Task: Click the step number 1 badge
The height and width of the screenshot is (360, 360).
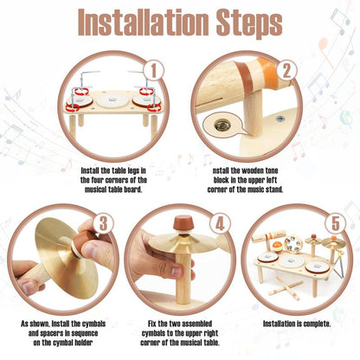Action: (154, 71)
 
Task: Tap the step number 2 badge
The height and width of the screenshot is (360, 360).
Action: (286, 71)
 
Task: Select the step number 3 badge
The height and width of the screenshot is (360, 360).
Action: (103, 224)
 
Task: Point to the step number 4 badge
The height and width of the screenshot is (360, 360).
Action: (220, 224)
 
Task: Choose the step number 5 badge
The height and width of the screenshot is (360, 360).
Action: (336, 224)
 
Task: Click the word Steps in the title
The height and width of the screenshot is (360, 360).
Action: (249, 23)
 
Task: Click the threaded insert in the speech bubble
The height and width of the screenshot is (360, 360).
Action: (220, 125)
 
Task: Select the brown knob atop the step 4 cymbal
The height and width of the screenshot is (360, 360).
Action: (183, 223)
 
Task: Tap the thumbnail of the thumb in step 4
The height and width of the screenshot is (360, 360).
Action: (177, 272)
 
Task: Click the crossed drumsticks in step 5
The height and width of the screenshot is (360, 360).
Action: (285, 286)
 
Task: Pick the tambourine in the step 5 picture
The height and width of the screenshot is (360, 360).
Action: (292, 244)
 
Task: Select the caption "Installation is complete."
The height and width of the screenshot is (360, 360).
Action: (297, 324)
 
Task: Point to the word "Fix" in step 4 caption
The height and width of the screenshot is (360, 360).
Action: (152, 324)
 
